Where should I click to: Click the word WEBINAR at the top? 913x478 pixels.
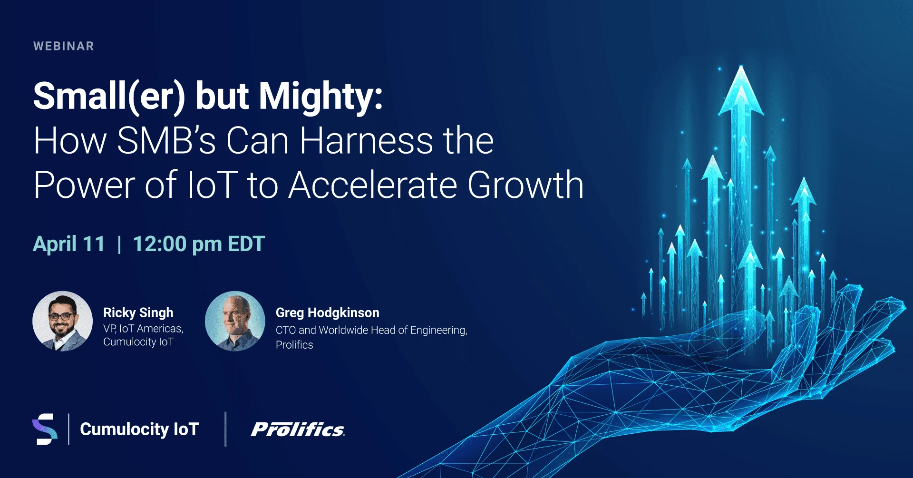tap(64, 46)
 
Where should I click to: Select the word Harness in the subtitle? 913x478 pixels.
tap(366, 141)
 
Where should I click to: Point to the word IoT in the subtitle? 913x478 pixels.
tap(212, 185)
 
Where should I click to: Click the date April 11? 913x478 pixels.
tap(69, 244)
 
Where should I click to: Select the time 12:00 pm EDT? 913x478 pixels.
tap(198, 244)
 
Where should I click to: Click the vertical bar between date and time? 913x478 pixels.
tap(119, 244)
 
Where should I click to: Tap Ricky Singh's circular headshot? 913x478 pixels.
tap(62, 321)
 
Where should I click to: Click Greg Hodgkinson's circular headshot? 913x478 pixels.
tap(235, 321)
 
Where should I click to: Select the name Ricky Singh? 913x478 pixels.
tap(138, 312)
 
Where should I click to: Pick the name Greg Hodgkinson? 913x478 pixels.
tap(327, 312)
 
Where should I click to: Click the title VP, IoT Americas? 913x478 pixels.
tap(143, 329)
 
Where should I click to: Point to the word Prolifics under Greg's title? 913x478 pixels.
tap(294, 345)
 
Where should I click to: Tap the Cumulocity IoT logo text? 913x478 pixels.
tap(139, 429)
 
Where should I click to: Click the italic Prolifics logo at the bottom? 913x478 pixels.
tap(298, 429)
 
